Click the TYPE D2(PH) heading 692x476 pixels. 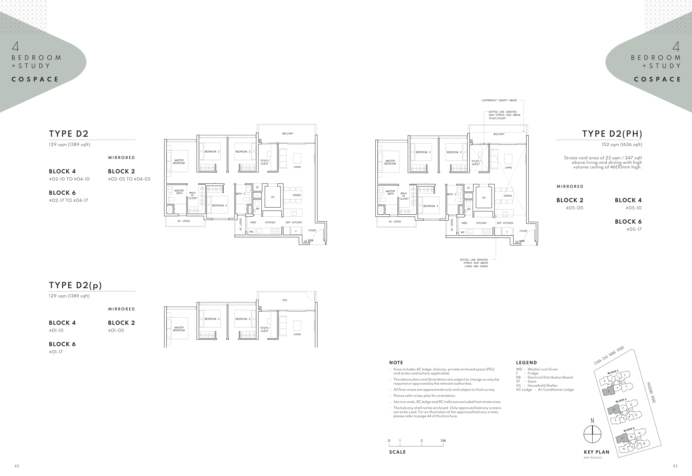[x=612, y=134]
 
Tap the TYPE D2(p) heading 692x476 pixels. [x=75, y=285]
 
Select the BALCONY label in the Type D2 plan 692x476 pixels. [x=288, y=134]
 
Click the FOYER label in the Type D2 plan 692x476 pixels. [x=312, y=231]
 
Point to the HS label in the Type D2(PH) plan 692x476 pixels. [x=484, y=198]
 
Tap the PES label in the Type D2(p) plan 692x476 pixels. [x=285, y=300]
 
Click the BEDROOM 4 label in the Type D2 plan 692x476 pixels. [x=219, y=205]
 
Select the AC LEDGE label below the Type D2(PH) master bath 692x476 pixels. [x=395, y=222]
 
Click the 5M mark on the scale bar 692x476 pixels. [x=443, y=441]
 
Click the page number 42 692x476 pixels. [x=17, y=466]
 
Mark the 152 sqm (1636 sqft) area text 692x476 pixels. [x=622, y=145]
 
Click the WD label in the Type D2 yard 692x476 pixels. [x=251, y=232]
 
